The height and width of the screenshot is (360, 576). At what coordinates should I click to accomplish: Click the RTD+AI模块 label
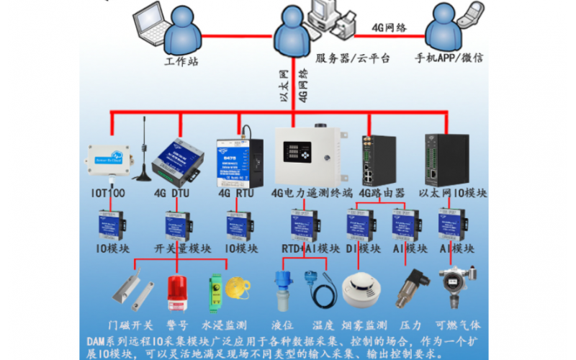coord(310,248)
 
